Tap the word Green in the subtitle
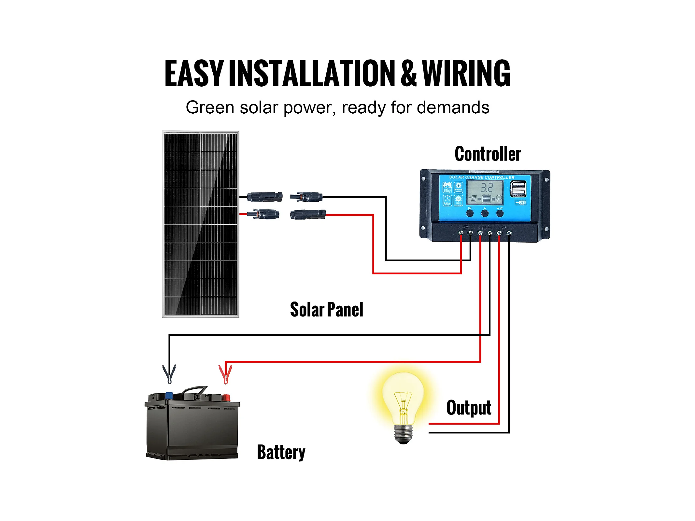point(210,107)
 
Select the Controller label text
point(488,154)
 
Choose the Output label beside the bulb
point(469,408)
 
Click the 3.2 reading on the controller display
point(487,188)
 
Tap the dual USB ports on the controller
point(518,189)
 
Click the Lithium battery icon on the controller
point(447,187)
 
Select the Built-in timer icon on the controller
point(447,200)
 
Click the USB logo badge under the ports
point(521,203)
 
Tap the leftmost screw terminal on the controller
point(461,233)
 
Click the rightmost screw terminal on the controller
point(509,233)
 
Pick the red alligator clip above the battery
point(225,374)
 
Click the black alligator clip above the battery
point(169,373)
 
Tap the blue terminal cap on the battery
point(169,396)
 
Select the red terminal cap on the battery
point(226,397)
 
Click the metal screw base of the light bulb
point(404,433)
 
